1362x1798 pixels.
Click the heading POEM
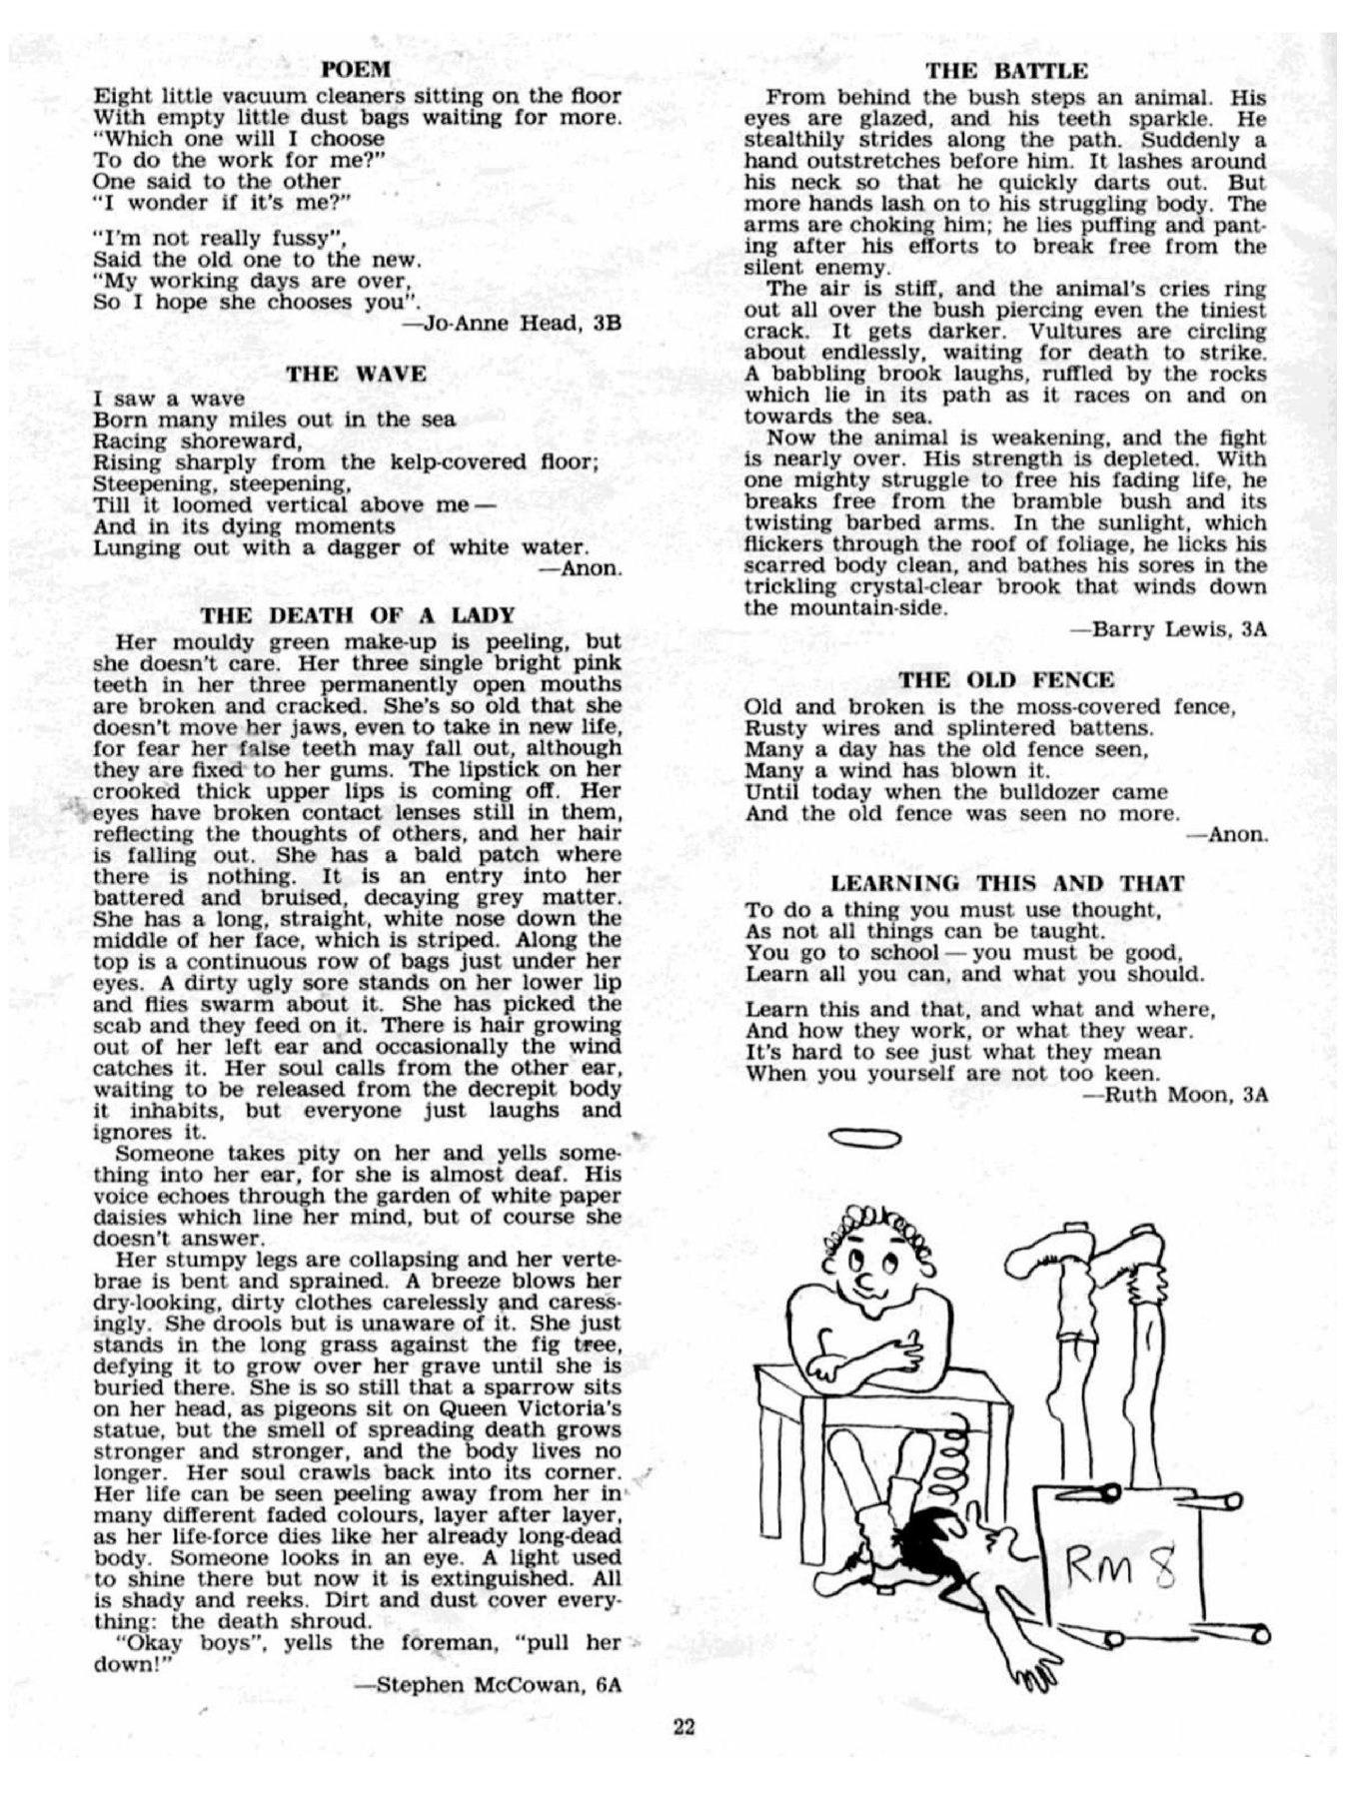[x=356, y=70]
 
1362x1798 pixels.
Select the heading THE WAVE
[x=357, y=375]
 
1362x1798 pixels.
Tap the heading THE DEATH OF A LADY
[x=358, y=614]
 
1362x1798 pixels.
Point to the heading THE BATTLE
[x=1006, y=70]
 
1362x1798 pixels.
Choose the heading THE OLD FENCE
[x=1006, y=681]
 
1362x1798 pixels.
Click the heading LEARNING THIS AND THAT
[x=1007, y=884]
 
